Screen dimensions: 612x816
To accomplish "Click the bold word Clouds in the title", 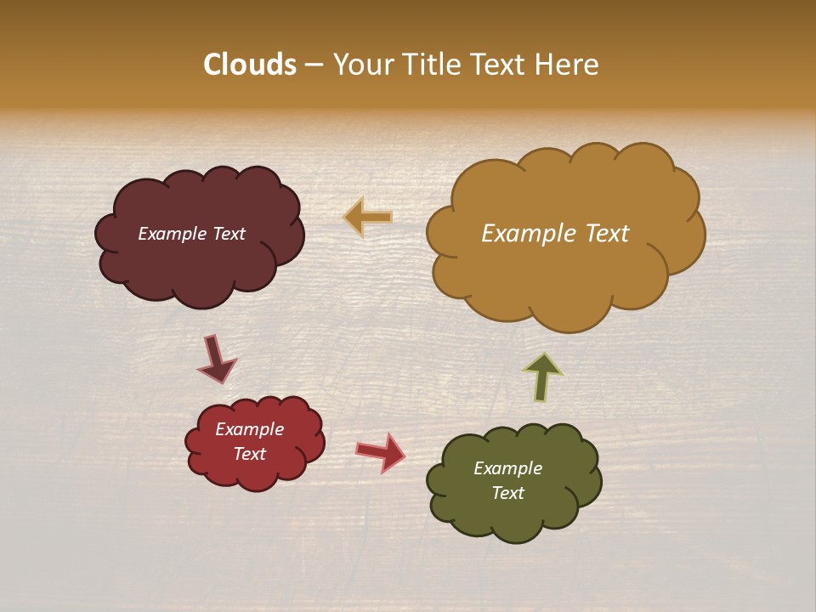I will click(250, 65).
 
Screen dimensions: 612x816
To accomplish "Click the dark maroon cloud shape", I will click(200, 263).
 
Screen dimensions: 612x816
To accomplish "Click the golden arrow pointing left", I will click(368, 218).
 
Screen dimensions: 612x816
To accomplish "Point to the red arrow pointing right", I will click(381, 451).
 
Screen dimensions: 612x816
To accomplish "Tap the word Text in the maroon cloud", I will click(229, 234).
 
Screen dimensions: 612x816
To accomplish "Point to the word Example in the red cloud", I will click(250, 429).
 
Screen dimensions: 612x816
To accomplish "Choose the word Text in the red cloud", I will click(250, 454).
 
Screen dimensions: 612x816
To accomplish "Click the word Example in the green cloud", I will click(507, 468).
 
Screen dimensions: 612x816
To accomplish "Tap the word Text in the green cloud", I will click(507, 493).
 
